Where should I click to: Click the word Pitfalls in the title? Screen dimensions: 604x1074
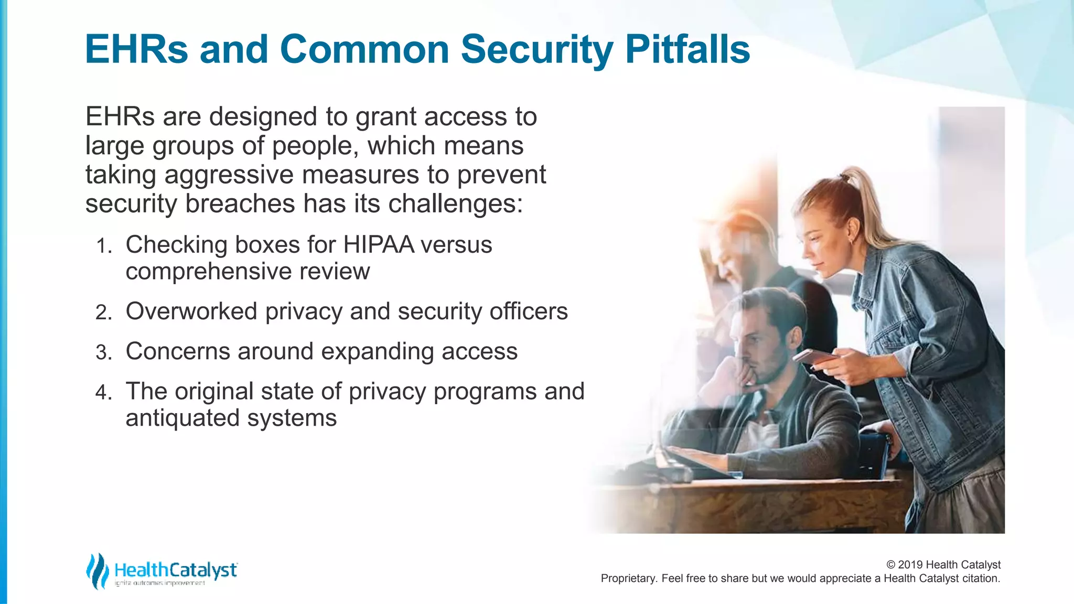pos(687,49)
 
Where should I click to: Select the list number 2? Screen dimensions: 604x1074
pos(103,313)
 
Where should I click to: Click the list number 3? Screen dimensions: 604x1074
pos(103,353)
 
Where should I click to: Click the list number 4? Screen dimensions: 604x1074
pos(103,393)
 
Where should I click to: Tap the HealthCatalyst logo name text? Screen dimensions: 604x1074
pos(175,570)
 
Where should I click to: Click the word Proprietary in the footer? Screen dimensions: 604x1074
pos(627,578)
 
